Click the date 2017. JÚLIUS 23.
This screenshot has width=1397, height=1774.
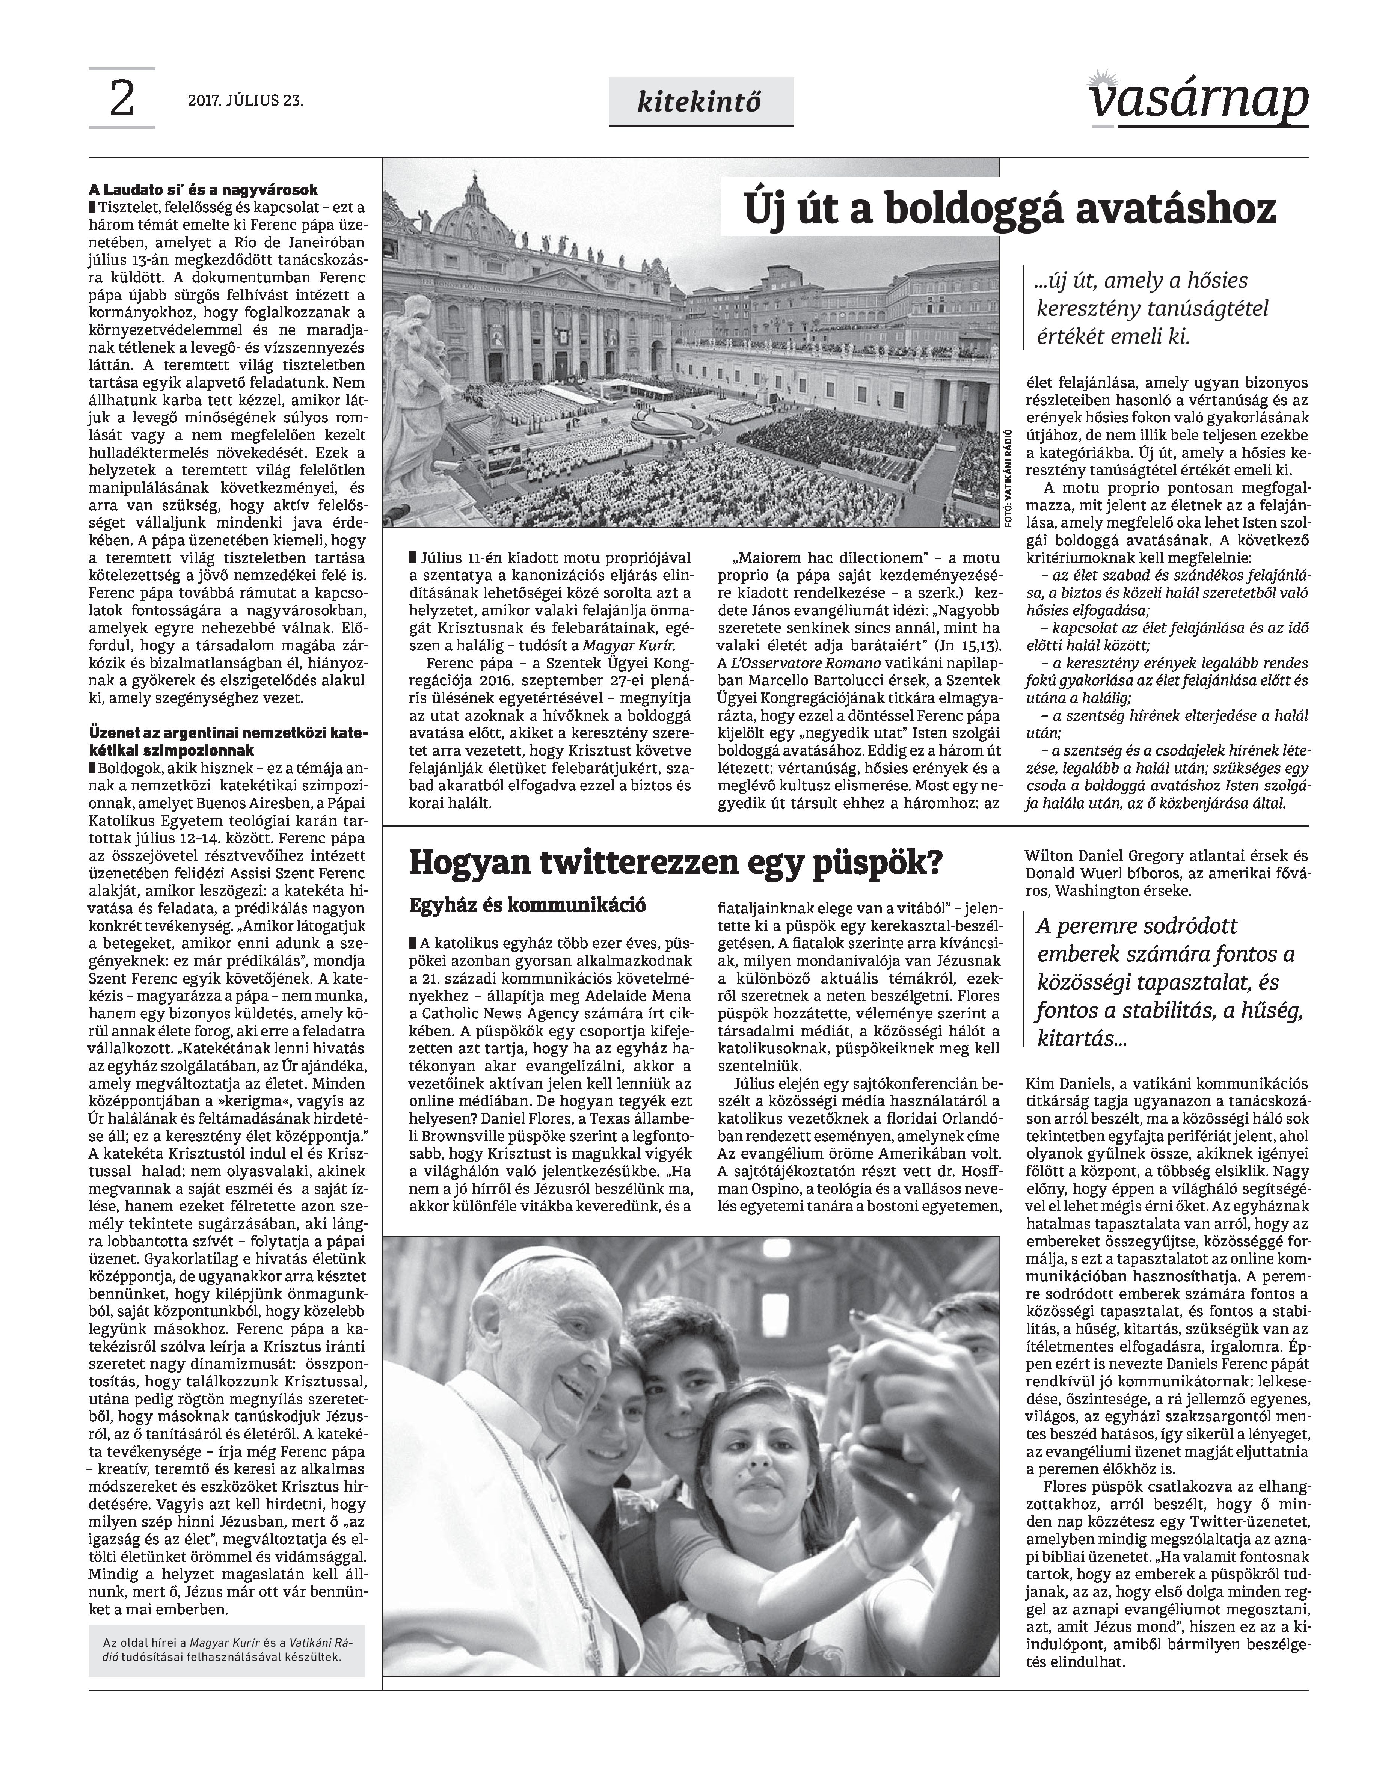click(245, 101)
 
